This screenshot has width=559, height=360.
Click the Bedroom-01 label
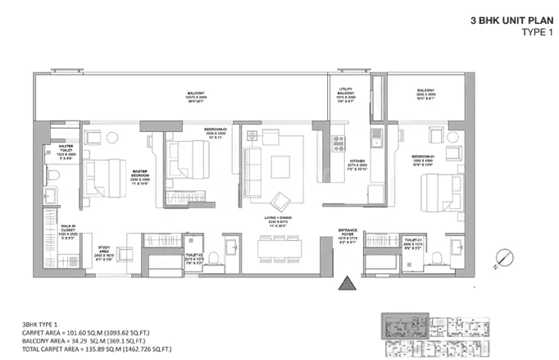tap(423, 158)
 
